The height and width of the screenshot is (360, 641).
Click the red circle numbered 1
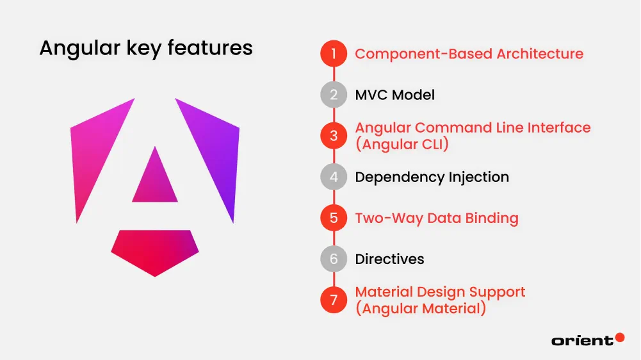tap(334, 54)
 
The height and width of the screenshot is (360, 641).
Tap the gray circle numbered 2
tap(334, 95)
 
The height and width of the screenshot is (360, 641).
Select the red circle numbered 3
tap(334, 136)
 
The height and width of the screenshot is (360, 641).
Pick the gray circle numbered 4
tap(334, 177)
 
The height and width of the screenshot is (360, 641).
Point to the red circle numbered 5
tap(334, 218)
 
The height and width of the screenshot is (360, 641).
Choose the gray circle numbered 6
tap(334, 259)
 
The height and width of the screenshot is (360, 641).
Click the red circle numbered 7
tap(334, 300)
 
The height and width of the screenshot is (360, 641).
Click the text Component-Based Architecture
tap(469, 54)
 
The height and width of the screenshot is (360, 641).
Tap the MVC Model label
tap(394, 95)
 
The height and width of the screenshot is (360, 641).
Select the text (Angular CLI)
tap(402, 144)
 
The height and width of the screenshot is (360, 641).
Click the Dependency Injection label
tap(432, 177)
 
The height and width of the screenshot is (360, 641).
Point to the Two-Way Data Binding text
tap(436, 218)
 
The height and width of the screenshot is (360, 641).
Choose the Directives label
tap(389, 259)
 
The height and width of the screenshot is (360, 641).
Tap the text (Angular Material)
tap(420, 308)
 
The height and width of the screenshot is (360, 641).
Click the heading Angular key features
tap(146, 48)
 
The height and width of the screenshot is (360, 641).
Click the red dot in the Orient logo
tap(619, 337)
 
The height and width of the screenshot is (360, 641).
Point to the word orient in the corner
tap(581, 341)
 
